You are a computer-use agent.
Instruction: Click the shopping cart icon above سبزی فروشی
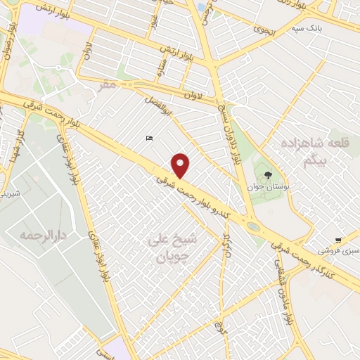tap(339, 240)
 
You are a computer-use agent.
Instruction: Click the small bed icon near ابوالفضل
tap(148, 138)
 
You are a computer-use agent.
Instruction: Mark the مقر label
tap(106, 84)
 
